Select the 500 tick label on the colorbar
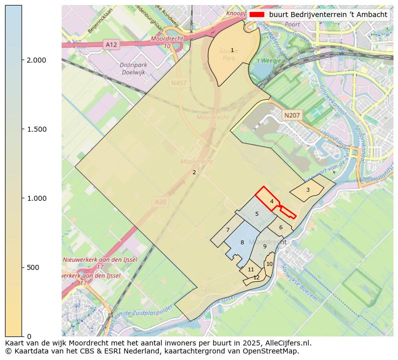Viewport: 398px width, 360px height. (x=32, y=267)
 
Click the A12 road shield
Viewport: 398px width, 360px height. (x=111, y=45)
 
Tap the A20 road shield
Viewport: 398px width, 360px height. (x=160, y=202)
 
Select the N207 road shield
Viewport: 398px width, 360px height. (x=292, y=116)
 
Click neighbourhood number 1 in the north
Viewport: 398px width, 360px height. (x=232, y=50)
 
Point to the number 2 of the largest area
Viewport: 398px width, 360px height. (x=194, y=173)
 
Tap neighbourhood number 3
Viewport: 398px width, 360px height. (x=308, y=190)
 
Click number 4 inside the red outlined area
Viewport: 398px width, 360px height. (x=272, y=201)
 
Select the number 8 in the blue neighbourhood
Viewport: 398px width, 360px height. (x=242, y=242)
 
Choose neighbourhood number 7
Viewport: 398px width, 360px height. (x=228, y=230)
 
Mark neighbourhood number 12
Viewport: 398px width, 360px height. (x=256, y=277)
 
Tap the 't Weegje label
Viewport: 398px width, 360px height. (x=266, y=61)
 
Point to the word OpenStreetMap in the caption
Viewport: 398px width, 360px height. (x=275, y=351)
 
